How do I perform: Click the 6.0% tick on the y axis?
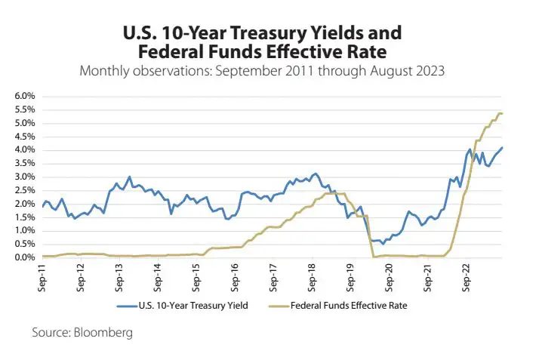click(24, 97)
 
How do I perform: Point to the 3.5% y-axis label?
click(24, 164)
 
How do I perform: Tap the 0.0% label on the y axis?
click(24, 258)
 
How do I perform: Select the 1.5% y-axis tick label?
click(24, 217)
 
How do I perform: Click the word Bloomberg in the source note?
click(106, 332)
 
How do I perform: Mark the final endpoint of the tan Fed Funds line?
click(503, 113)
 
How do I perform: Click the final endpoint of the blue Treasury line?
click(503, 147)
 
